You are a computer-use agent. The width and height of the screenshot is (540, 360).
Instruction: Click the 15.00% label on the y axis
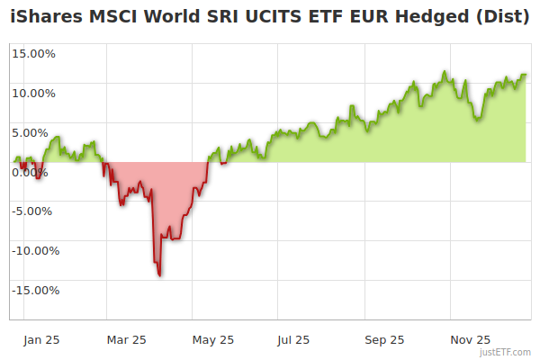34,53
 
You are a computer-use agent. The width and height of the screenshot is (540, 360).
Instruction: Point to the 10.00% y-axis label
34,93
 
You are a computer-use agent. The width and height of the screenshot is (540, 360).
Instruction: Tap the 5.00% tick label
37,132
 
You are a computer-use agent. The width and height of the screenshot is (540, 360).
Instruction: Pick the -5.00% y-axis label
35,211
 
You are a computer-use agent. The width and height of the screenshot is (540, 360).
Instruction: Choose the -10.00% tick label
32,251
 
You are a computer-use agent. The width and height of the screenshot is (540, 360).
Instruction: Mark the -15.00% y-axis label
32,291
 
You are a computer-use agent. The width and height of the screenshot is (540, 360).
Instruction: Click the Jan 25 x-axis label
41,340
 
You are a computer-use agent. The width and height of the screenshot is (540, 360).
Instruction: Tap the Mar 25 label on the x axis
126,340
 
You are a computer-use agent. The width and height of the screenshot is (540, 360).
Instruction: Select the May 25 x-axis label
213,340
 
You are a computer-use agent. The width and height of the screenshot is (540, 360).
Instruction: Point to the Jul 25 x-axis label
293,340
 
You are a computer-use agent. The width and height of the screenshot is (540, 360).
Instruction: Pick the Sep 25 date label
384,340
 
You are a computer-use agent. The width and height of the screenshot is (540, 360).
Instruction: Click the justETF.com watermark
506,353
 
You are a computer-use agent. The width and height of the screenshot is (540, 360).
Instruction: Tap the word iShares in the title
43,15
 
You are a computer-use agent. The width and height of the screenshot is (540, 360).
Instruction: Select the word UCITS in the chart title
258,15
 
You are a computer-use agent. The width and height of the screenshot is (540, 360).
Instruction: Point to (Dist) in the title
501,15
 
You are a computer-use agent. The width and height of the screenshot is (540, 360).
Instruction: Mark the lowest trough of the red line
160,275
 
